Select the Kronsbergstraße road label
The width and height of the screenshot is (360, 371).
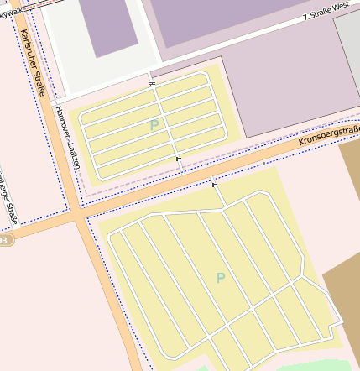click(x=329, y=134)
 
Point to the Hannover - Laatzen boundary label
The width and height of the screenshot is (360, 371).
click(x=65, y=138)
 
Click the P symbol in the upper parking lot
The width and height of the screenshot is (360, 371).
click(x=154, y=125)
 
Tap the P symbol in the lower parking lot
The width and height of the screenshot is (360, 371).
click(x=221, y=278)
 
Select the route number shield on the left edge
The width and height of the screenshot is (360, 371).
click(x=4, y=240)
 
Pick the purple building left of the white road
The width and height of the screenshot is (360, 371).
click(x=110, y=27)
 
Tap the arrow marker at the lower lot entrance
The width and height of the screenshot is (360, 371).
click(x=214, y=185)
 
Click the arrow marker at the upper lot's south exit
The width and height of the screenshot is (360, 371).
click(x=177, y=158)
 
